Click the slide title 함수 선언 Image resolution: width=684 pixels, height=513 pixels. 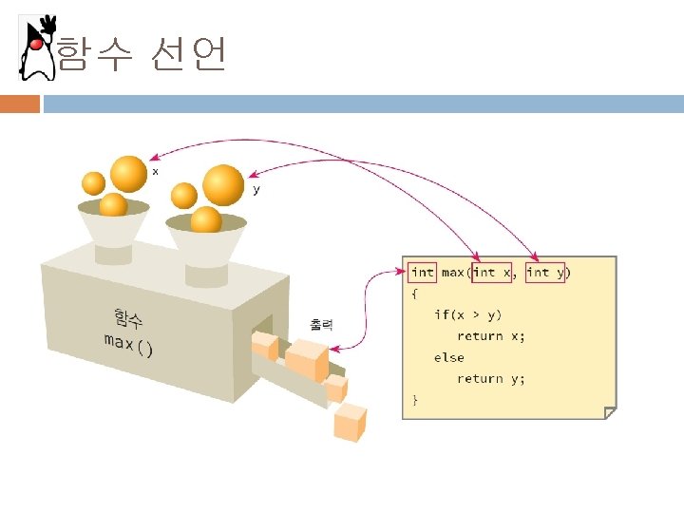tap(141, 54)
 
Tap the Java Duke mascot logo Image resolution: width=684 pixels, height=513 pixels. tap(37, 47)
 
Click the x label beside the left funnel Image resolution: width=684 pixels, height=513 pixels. tap(155, 171)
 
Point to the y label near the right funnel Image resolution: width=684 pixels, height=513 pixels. tap(256, 190)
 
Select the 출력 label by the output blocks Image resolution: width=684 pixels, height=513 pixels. tap(321, 324)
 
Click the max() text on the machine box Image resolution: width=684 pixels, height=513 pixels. tap(128, 343)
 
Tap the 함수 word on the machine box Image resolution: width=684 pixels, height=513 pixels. tap(127, 318)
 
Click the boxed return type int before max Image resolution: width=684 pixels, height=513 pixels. tap(422, 272)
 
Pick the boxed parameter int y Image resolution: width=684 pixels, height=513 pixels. tap(545, 272)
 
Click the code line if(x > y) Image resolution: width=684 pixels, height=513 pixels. tap(468, 314)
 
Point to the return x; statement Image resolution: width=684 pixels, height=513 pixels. tap(490, 335)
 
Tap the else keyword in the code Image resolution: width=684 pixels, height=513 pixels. tap(449, 357)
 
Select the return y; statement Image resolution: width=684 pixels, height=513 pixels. tap(490, 378)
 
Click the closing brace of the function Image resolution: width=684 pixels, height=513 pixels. tap(414, 400)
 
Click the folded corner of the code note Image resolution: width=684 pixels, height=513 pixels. tap(610, 412)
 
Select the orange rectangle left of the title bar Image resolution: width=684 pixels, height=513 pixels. tap(20, 104)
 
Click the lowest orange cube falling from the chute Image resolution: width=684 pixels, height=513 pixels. tap(350, 421)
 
